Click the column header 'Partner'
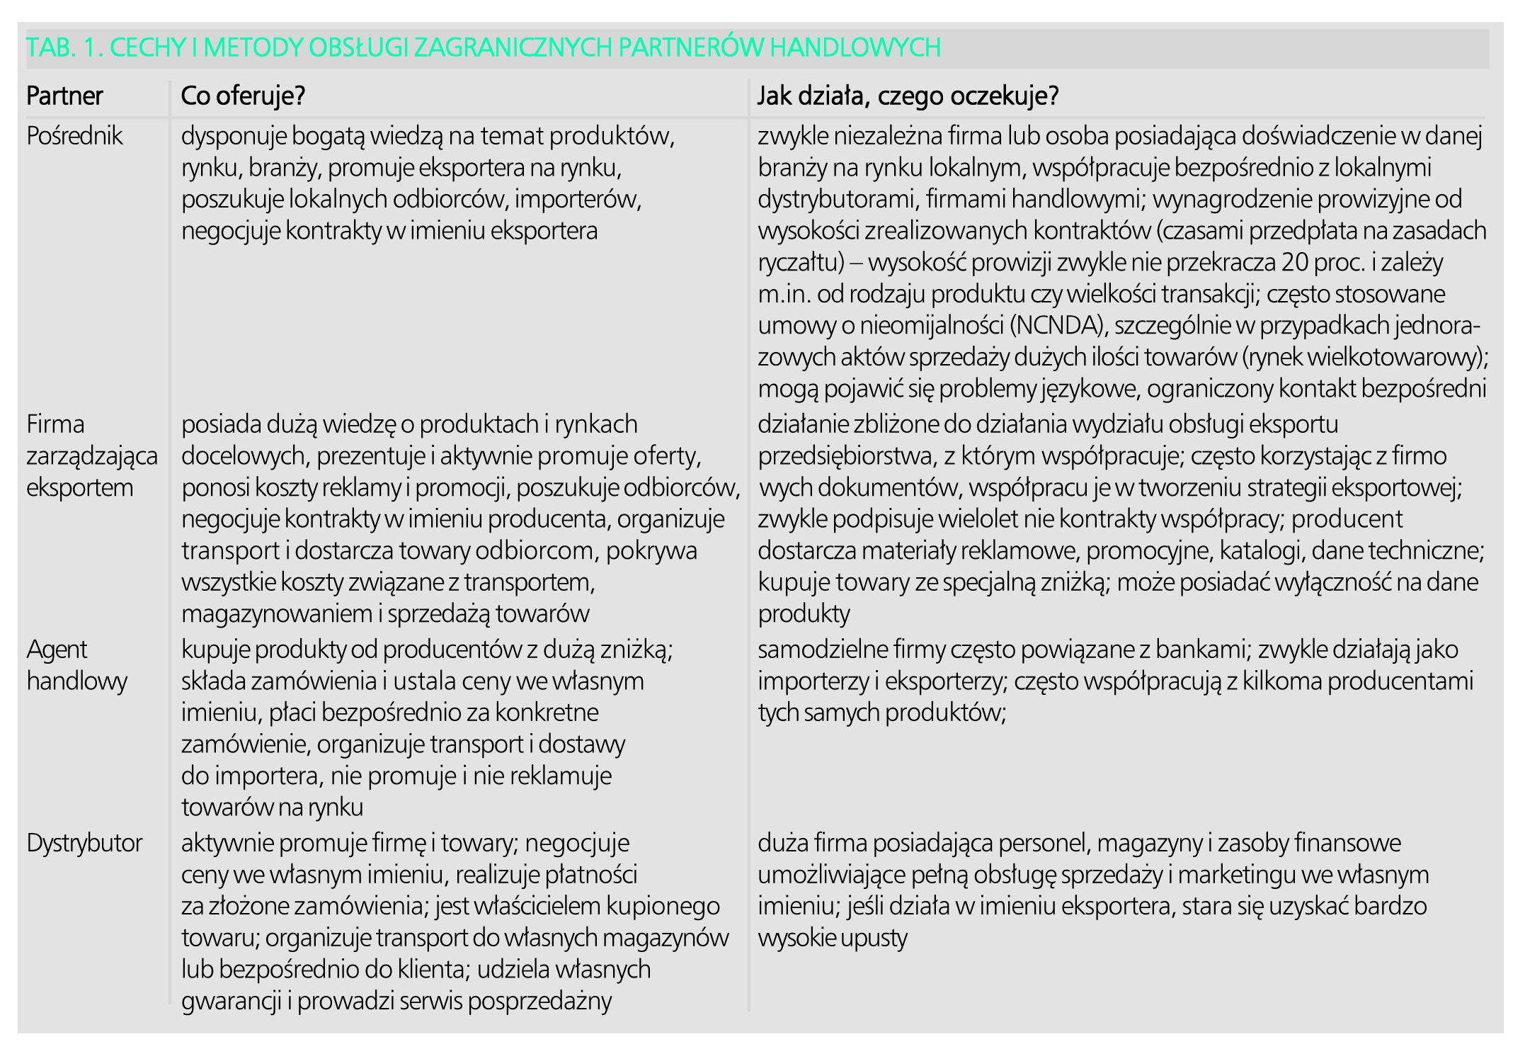(x=64, y=96)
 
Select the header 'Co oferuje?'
(x=243, y=96)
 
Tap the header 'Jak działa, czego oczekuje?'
(x=908, y=96)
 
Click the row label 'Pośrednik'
(x=74, y=136)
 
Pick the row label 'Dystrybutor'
(x=84, y=843)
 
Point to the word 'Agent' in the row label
(x=57, y=650)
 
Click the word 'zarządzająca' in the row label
(x=92, y=456)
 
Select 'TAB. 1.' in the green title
(x=64, y=47)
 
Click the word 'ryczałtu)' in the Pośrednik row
(x=801, y=263)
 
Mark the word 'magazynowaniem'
(x=276, y=614)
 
